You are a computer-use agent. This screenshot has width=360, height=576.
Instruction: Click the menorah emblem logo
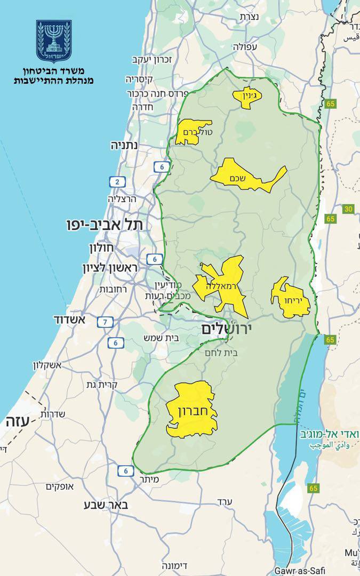54,41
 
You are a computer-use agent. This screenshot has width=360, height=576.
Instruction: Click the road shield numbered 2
116,182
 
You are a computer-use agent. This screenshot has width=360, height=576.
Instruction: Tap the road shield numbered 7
105,322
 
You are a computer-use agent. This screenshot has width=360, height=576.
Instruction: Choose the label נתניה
124,145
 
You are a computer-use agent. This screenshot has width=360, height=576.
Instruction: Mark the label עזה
15,421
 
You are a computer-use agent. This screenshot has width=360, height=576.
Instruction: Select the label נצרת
250,17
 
